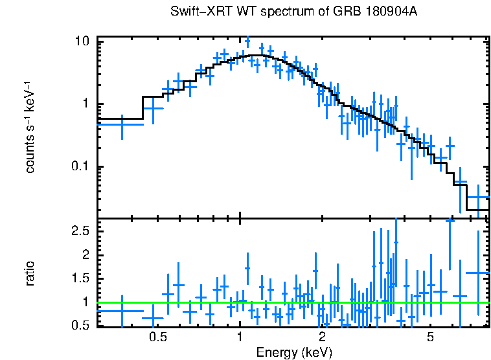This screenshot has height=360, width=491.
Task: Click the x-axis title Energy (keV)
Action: [x=294, y=352]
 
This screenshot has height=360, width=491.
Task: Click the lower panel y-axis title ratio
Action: [x=30, y=273]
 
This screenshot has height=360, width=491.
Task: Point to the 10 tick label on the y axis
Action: [x=82, y=41]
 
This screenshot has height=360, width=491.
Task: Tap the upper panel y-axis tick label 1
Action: [x=85, y=104]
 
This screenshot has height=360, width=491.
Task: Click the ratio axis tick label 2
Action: [x=85, y=254]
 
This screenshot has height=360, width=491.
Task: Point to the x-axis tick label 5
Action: [x=430, y=337]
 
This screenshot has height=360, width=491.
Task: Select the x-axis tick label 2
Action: [x=322, y=337]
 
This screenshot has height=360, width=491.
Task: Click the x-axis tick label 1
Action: [x=240, y=337]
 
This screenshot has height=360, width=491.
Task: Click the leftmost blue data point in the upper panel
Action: [x=121, y=124]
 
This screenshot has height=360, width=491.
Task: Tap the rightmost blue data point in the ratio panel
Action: [x=477, y=273]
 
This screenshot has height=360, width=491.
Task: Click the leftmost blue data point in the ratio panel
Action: [x=121, y=311]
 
